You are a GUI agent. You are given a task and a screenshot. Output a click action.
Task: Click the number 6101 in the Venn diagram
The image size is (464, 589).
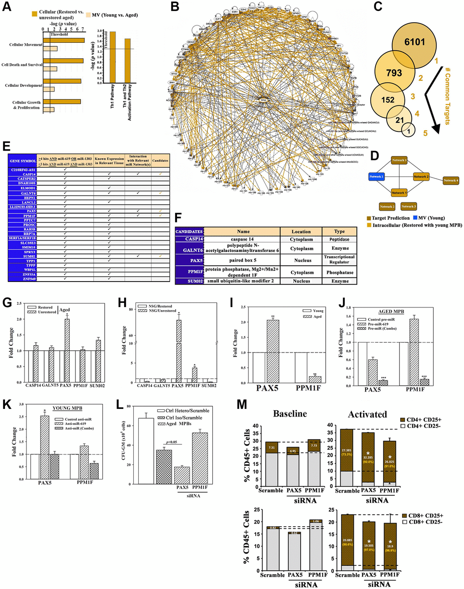coord(414,42)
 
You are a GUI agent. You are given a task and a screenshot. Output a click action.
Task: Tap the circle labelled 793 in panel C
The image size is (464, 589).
coord(394,73)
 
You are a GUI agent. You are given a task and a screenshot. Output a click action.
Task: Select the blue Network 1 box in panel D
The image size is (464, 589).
coord(376,176)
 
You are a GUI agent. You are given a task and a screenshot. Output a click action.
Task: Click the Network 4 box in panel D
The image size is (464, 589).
coord(450,181)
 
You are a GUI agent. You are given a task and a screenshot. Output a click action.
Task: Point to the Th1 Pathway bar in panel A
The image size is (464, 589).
coord(112,57)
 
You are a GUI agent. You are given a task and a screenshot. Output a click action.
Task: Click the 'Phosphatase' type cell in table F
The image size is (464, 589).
coord(339,272)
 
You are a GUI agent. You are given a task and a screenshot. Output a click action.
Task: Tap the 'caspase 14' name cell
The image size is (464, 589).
coord(242,239)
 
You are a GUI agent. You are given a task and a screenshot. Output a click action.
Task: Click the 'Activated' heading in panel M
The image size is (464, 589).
coord(367,414)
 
